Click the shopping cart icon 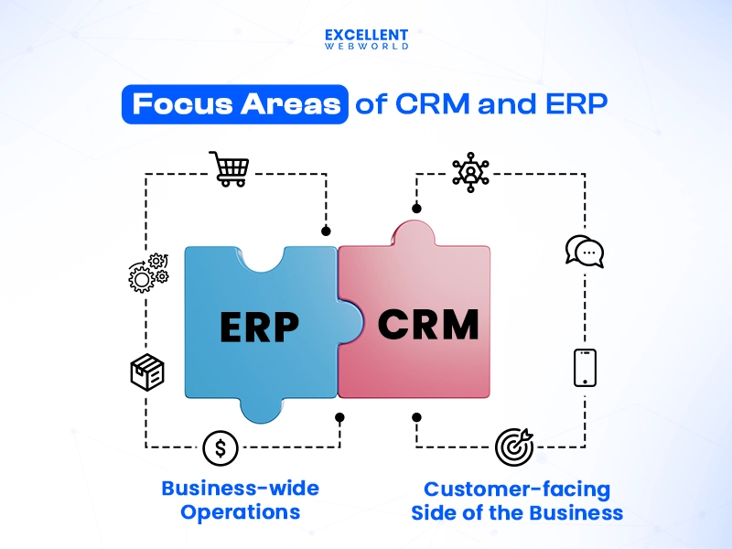(229, 169)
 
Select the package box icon (147, 372)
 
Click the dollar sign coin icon (221, 447)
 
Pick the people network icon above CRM (470, 172)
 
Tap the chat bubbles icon (585, 252)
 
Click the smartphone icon (585, 368)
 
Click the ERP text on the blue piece (261, 327)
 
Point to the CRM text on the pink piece (428, 325)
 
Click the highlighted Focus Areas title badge (236, 104)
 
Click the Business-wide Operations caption (241, 500)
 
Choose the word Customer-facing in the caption (517, 490)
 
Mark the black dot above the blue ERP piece (325, 231)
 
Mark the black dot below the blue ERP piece (339, 417)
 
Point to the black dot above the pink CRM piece (417, 209)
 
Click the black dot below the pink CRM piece (417, 417)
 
